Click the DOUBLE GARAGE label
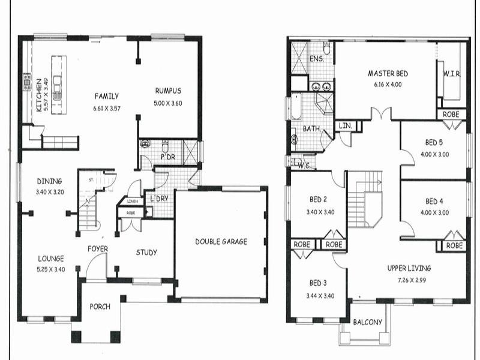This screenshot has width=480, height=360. coord(221,242)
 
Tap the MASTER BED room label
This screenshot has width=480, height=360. coord(388,74)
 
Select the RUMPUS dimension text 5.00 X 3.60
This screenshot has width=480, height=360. coord(168,103)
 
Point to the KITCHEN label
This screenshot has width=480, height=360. coord(38,95)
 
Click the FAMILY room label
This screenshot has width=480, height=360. coord(106,96)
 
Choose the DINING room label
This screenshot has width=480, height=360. coord(49,181)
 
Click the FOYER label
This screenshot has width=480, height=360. coord(98,248)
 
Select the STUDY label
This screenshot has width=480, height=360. coord(146,253)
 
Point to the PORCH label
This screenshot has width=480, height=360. coord(100,307)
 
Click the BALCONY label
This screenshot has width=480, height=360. coord(367,322)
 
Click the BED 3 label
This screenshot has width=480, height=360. coord(319,283)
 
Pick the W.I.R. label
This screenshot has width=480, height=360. coord(452,74)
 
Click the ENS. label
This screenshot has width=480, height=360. coord(316,59)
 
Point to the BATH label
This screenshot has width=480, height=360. coord(311,128)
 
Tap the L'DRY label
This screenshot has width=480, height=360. coord(159,198)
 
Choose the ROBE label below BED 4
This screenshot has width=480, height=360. coord(454,245)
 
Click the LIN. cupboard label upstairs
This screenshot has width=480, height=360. coord(346,126)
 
